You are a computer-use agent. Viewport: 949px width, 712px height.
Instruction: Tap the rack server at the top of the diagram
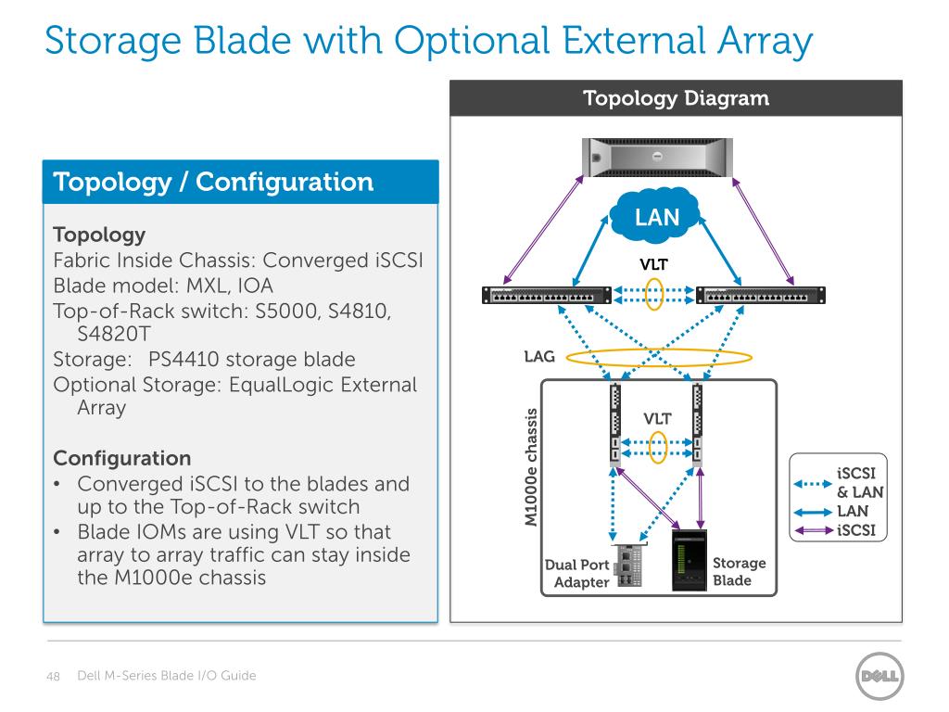(656, 158)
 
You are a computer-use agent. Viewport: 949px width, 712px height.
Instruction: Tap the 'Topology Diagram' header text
(676, 97)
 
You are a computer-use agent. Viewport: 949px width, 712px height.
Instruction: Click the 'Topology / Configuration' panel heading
(214, 182)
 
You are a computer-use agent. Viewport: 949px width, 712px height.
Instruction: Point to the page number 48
(54, 677)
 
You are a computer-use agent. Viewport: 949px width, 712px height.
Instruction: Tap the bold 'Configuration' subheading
(122, 458)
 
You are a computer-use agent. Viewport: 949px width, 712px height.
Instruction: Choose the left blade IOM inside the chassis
(614, 426)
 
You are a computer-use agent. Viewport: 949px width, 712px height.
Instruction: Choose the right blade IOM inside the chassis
(697, 426)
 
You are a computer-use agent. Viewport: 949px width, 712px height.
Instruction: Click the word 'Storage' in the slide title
(121, 41)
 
